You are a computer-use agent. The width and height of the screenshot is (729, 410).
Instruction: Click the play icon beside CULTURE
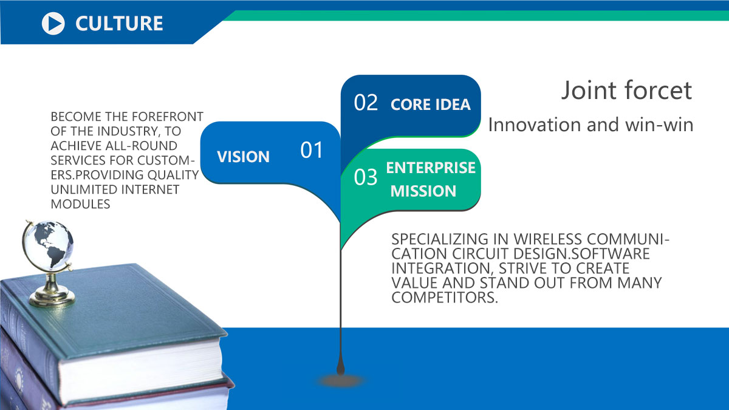click(53, 24)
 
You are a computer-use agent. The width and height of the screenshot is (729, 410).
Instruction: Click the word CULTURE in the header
click(119, 24)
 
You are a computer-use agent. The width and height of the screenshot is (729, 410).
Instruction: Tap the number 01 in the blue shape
click(312, 150)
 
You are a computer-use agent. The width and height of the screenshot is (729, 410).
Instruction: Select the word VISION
click(243, 157)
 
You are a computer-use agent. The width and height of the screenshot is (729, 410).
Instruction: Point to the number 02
click(366, 103)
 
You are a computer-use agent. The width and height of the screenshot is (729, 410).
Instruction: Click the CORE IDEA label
click(431, 104)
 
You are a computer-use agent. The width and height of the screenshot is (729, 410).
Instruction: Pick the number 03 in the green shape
click(366, 177)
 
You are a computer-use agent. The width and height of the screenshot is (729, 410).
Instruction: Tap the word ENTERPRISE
click(431, 168)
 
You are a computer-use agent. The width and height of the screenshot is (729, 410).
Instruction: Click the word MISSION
click(423, 191)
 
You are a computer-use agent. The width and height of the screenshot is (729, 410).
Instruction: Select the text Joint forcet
click(627, 90)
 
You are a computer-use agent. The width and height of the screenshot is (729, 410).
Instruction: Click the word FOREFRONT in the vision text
click(168, 117)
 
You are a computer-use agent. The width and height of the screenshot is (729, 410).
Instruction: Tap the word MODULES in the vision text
click(80, 204)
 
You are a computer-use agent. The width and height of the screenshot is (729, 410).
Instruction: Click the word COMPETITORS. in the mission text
click(445, 298)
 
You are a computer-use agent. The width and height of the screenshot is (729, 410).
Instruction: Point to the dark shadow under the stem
click(340, 381)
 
